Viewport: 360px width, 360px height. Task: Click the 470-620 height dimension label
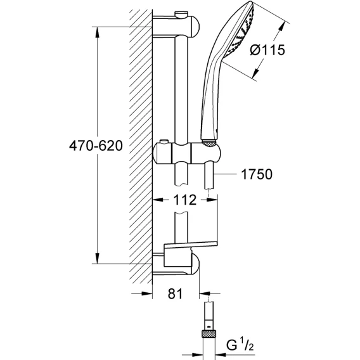pos(96,146)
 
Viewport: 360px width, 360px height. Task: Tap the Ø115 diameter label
pos(267,49)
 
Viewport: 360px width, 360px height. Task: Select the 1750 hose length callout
pos(257,174)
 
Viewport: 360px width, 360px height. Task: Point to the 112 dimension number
pos(185,200)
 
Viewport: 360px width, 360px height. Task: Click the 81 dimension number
pos(175,293)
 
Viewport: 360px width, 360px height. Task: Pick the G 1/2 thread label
pos(240,345)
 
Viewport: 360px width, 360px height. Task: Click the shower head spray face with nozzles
pos(240,32)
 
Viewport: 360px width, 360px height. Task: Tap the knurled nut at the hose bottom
pos(209,333)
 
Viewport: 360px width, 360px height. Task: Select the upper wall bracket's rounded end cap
pos(194,27)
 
